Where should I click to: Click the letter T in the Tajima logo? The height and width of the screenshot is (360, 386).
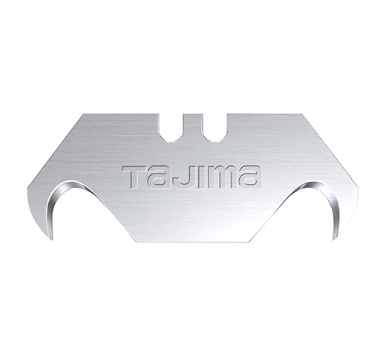[x=133, y=176]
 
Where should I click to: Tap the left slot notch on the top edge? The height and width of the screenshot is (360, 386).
[x=176, y=127]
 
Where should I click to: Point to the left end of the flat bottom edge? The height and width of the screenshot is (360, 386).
[x=136, y=242]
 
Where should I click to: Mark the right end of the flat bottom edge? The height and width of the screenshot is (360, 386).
[x=250, y=242]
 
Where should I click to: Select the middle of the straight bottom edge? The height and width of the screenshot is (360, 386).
[x=193, y=242]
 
